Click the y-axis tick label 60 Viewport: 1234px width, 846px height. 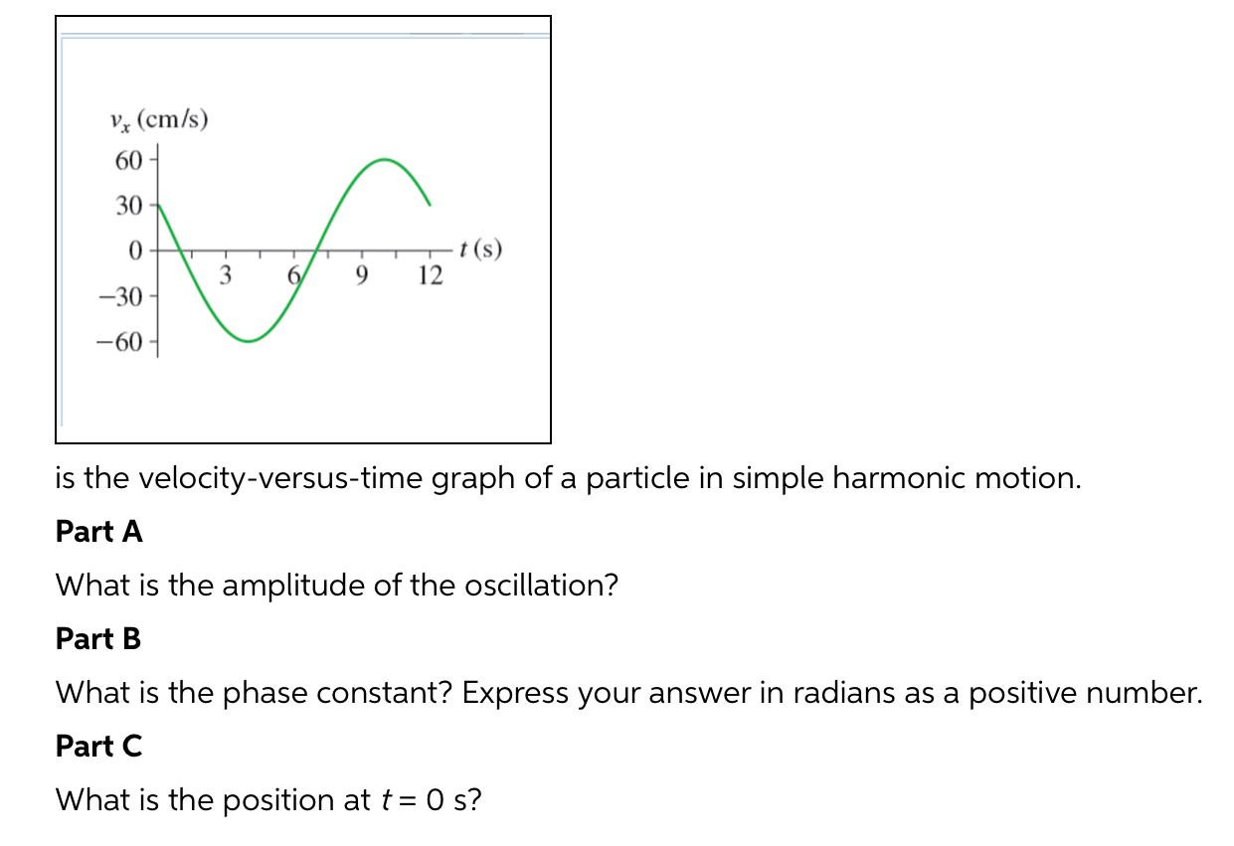(129, 160)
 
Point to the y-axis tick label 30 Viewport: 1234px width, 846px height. (129, 207)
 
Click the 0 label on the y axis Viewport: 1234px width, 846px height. (134, 250)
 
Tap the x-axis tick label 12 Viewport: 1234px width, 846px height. (431, 275)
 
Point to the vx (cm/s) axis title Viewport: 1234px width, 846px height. (159, 121)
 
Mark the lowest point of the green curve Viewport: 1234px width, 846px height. (249, 341)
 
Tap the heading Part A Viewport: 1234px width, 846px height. (99, 532)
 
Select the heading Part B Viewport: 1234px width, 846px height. (98, 639)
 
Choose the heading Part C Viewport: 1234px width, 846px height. (98, 746)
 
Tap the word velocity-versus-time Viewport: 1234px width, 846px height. (278, 478)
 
